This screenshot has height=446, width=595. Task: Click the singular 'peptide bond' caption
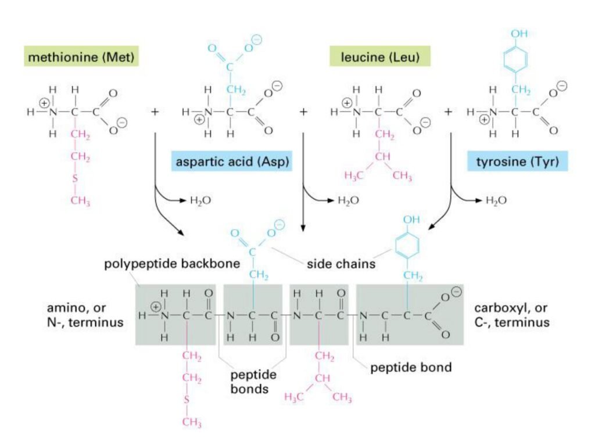tap(411, 367)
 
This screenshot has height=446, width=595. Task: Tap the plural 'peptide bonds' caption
tap(251, 381)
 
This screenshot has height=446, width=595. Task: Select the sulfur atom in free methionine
tap(75, 177)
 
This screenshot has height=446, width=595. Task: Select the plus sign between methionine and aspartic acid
tap(155, 110)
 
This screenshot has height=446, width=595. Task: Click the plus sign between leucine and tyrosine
tap(449, 110)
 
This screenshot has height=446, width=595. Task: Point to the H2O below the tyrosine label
tap(496, 200)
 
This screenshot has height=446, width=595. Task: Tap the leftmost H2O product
tap(201, 200)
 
